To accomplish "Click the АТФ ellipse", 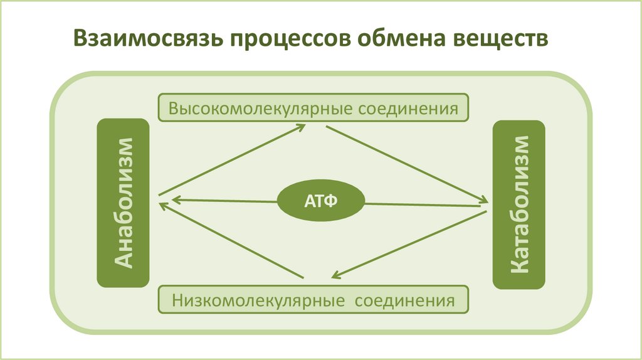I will (322, 201).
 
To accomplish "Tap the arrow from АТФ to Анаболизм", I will (226, 201).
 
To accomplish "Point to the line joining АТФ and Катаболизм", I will (426, 204).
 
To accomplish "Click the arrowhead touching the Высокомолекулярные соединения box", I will (300, 127).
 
